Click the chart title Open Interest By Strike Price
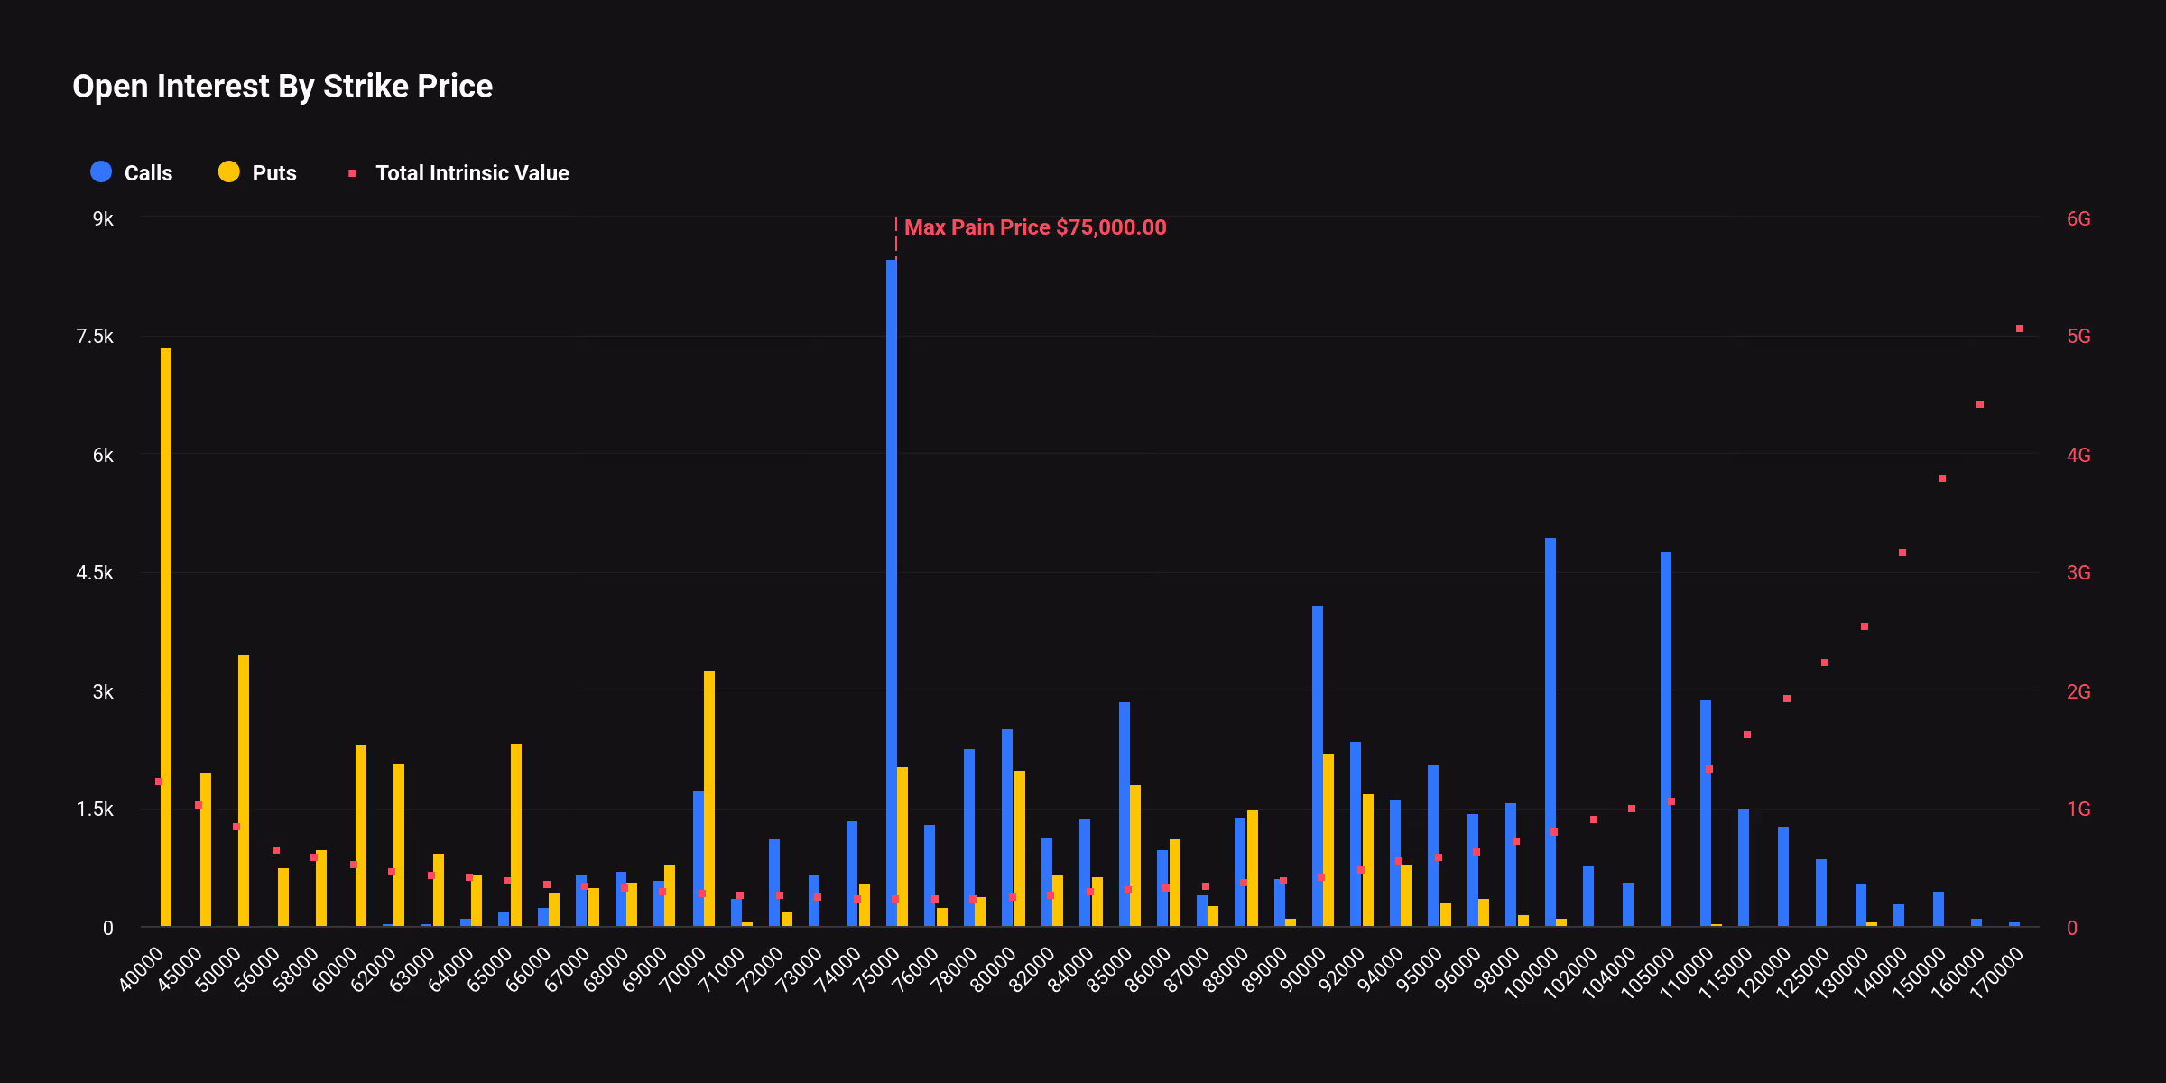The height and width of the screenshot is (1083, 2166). (282, 87)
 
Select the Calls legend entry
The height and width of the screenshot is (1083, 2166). (132, 172)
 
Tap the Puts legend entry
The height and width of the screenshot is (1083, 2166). (258, 172)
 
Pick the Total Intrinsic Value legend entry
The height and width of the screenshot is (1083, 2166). (460, 172)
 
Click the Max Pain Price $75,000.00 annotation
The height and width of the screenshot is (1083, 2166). (1034, 227)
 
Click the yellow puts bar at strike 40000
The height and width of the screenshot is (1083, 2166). (166, 637)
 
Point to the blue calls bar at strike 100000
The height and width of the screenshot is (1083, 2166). (1550, 731)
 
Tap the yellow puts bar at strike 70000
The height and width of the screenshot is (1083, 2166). (709, 799)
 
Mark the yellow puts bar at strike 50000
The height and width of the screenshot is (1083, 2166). (244, 791)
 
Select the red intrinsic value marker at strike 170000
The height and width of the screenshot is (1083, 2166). (2020, 329)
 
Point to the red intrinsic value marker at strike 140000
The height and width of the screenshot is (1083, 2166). (1902, 552)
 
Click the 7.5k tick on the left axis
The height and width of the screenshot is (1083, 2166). (96, 337)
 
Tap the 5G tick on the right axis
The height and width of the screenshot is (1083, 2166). (2078, 337)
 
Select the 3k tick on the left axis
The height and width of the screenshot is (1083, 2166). (103, 692)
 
